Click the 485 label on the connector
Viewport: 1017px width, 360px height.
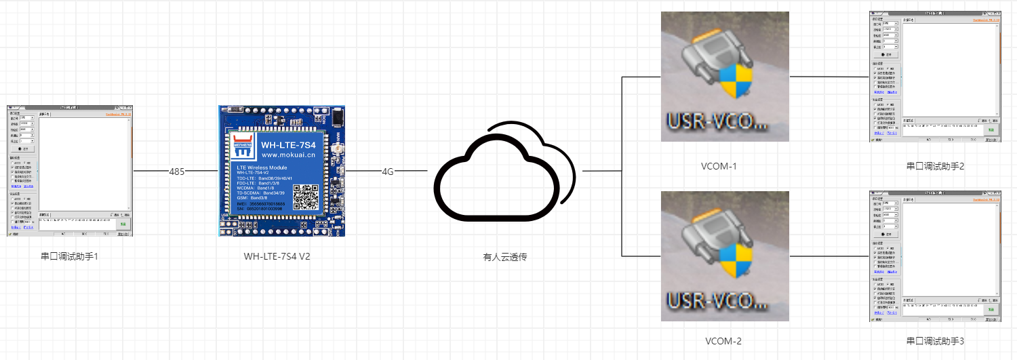[x=176, y=172]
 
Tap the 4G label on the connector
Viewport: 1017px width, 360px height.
[x=388, y=172]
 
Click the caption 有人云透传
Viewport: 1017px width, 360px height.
[x=504, y=257]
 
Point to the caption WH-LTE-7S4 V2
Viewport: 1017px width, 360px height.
[x=281, y=256]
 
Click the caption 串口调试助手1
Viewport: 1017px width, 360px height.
[x=70, y=256]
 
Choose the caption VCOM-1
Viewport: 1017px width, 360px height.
[x=725, y=165]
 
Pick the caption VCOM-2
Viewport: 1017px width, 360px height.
[x=725, y=341]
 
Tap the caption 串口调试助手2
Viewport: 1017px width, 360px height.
[x=934, y=165]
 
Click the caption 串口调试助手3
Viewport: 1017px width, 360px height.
[x=934, y=341]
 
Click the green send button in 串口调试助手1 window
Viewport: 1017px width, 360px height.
[x=123, y=223]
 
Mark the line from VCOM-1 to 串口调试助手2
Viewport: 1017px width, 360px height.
[x=829, y=77]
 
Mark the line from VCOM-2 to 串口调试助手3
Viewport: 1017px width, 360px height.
[x=829, y=257]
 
